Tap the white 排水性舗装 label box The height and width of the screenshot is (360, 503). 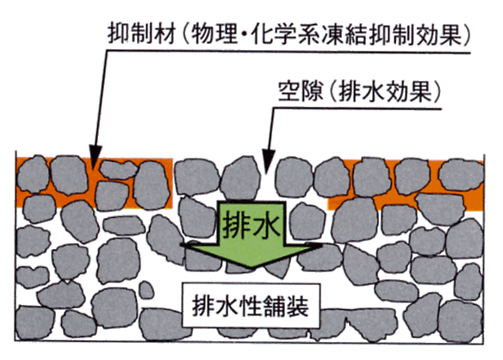tap(251, 306)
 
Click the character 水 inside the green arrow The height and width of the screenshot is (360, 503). tap(266, 224)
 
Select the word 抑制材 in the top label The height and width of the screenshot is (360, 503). tap(141, 34)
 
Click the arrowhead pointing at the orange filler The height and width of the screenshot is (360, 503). tap(95, 156)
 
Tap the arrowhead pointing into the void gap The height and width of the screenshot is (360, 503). tap(268, 159)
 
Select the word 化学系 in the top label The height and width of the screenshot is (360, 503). tap(285, 34)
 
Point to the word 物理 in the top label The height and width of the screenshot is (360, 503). tap(214, 34)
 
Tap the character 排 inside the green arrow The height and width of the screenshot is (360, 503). tap(236, 224)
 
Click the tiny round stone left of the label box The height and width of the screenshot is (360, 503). tap(146, 290)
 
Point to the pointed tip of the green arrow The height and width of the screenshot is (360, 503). tap(251, 268)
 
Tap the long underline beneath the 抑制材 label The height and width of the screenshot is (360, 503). tap(288, 52)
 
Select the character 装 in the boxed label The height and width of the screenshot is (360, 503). tap(297, 306)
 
